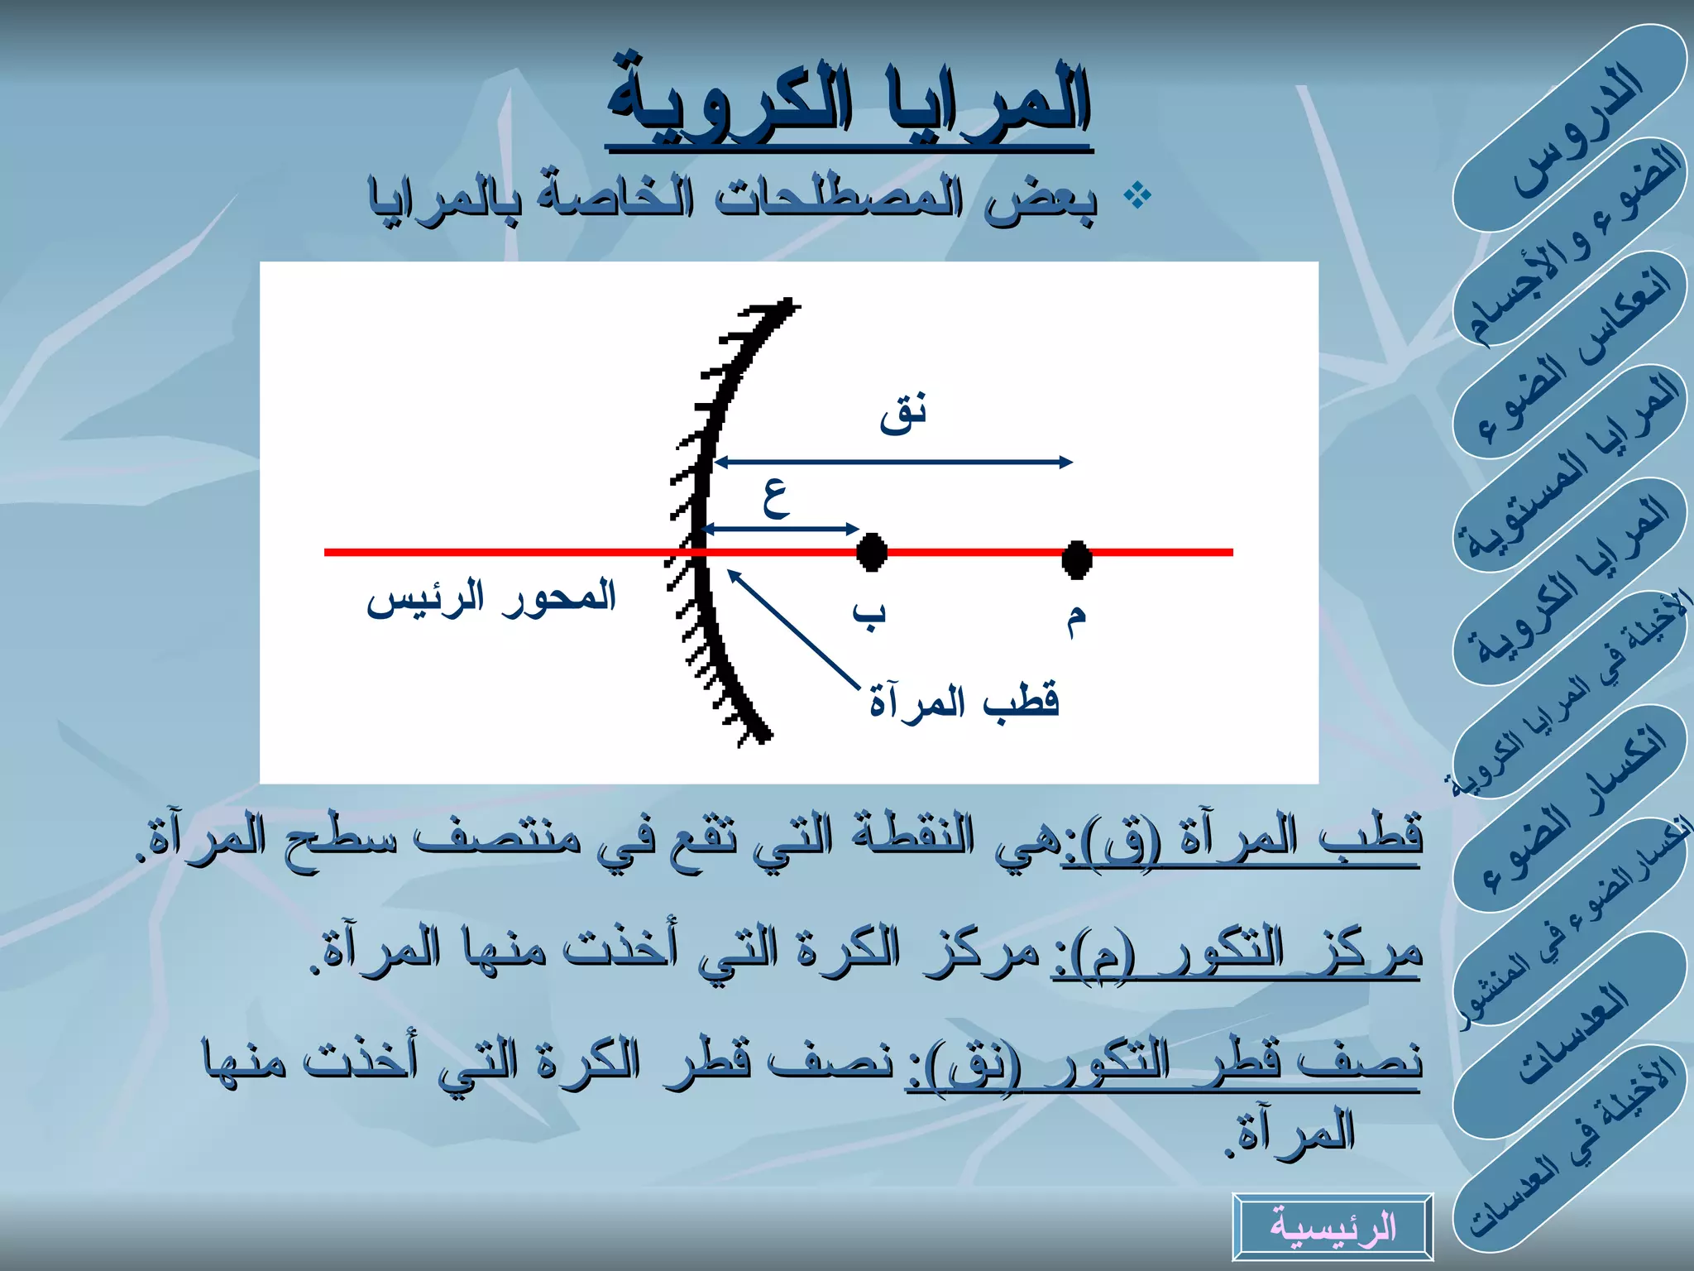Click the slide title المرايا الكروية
[x=849, y=103]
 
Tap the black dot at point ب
[x=871, y=552]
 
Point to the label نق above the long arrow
[x=902, y=413]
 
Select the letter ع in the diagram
[x=776, y=499]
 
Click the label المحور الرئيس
[x=491, y=597]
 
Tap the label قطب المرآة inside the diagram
[x=964, y=702]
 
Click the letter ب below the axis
[x=869, y=615]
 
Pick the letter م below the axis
[x=1075, y=619]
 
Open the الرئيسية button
[x=1332, y=1226]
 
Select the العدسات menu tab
[x=1572, y=1034]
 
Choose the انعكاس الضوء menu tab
[x=1572, y=356]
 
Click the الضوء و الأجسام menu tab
[x=1572, y=244]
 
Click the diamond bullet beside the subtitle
[x=1138, y=196]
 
